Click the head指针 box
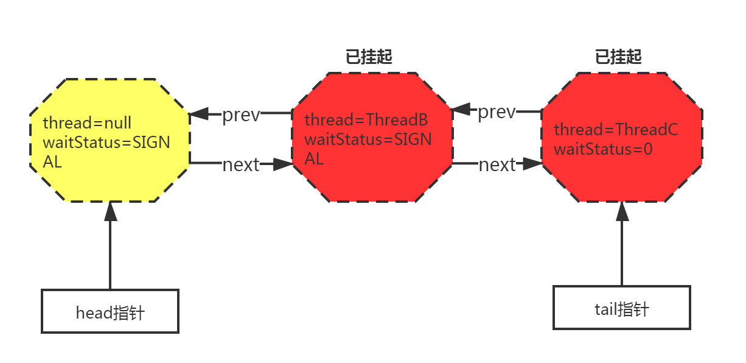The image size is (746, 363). pyautogui.click(x=110, y=312)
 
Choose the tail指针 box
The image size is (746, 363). pyautogui.click(x=621, y=308)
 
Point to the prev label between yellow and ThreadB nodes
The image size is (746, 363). pyautogui.click(x=241, y=115)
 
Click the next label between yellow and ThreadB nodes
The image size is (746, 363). pyautogui.click(x=241, y=164)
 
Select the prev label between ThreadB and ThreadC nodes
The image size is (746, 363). pyautogui.click(x=497, y=112)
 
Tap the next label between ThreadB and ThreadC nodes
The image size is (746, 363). pyautogui.click(x=497, y=164)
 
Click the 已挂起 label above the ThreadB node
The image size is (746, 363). pyautogui.click(x=369, y=57)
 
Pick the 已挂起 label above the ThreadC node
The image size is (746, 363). pyautogui.click(x=618, y=57)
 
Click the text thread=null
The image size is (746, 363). pyautogui.click(x=87, y=123)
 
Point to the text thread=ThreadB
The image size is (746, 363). pyautogui.click(x=366, y=120)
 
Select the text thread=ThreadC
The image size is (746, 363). pyautogui.click(x=616, y=130)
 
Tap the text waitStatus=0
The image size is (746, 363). pyautogui.click(x=603, y=149)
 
